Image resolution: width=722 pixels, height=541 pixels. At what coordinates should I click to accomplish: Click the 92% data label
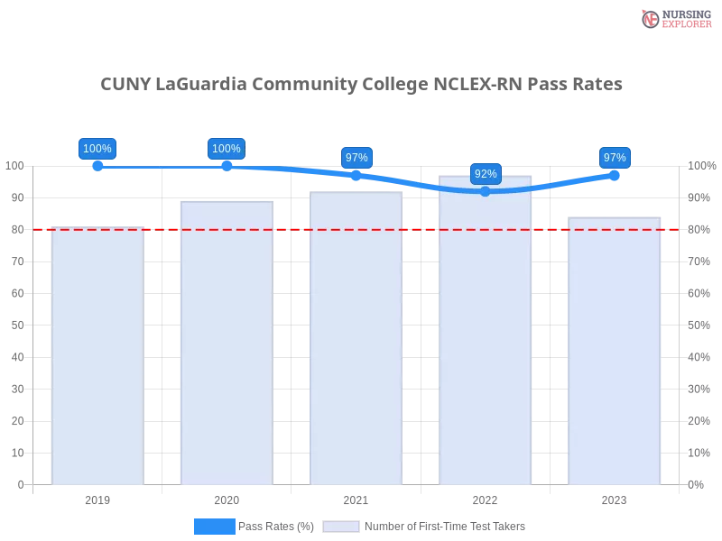coord(486,173)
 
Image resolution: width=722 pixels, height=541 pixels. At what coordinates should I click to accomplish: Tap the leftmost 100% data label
coord(97,149)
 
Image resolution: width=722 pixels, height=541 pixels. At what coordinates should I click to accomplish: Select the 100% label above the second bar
coord(226,149)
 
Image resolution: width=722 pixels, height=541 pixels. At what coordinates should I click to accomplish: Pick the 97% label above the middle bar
coord(356,157)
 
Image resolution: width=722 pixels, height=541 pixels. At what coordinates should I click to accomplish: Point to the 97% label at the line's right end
coord(615,157)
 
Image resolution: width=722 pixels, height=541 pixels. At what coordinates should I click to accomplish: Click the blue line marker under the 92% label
coord(486,191)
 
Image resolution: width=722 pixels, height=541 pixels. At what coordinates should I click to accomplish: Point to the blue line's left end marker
coord(97,166)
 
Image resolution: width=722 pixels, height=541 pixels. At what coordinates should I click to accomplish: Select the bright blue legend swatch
coord(214,527)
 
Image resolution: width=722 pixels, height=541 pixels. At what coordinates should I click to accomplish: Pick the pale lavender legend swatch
coord(341,527)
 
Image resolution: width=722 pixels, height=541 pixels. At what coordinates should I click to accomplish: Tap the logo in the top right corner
coord(674,18)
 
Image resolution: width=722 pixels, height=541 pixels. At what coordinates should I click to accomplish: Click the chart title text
coord(363,85)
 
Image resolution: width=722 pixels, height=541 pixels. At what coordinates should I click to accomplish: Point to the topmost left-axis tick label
coord(15,166)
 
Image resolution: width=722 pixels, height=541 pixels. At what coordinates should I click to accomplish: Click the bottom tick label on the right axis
coord(697,483)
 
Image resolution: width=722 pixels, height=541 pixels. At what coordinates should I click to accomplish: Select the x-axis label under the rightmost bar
coord(614,498)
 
